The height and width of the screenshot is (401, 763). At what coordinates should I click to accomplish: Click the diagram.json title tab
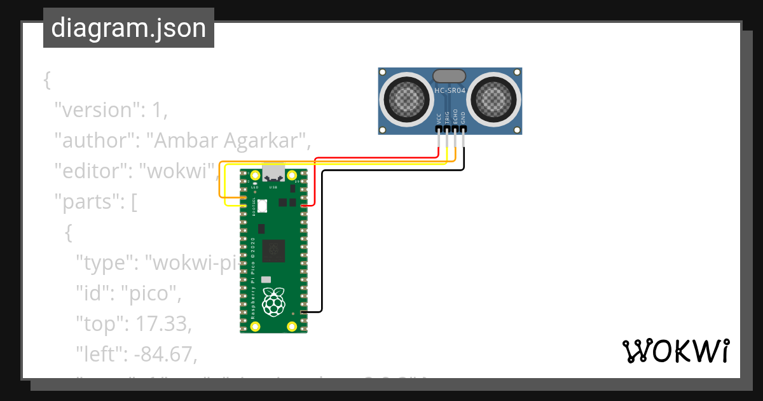coord(128,28)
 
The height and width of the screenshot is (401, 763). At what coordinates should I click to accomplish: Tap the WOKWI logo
coord(675,351)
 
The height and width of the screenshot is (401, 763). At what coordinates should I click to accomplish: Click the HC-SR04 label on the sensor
coord(450,90)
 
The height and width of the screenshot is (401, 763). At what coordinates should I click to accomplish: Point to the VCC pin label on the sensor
coord(439,118)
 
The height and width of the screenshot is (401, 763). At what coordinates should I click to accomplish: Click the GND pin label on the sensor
coord(464,118)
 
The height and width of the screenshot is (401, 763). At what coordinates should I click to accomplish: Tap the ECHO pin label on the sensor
coord(455,116)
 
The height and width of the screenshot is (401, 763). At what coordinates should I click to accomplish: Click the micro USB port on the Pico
coord(274,174)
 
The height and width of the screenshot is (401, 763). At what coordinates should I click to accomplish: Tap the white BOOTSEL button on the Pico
coord(263,205)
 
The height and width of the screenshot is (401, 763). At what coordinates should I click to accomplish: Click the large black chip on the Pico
coord(274,250)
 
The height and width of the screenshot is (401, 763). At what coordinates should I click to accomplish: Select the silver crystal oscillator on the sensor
coord(450,76)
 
